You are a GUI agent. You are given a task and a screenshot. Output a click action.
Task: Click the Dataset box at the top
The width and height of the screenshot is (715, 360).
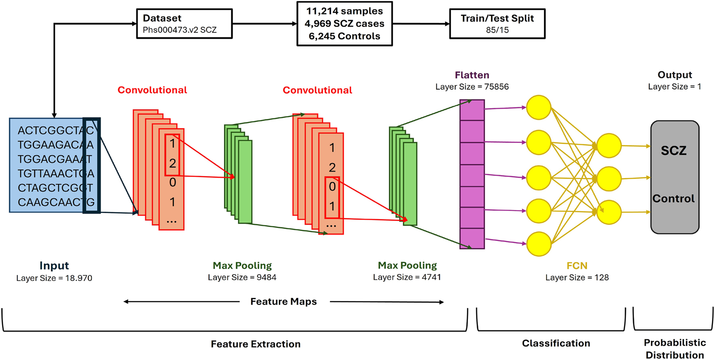184,24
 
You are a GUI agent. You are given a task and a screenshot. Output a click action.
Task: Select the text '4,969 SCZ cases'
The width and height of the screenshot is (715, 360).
344,24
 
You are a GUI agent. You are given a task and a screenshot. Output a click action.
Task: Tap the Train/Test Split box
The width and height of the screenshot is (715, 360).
497,24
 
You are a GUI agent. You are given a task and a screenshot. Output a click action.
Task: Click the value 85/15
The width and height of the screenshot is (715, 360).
497,30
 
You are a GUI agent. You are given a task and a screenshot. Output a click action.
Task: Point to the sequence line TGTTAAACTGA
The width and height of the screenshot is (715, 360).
56,173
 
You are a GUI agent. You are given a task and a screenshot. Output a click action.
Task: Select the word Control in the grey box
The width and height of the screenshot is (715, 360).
673,198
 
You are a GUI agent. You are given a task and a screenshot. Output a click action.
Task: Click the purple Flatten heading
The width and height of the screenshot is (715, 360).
472,75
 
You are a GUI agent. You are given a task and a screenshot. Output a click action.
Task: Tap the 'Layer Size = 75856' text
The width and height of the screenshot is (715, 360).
472,87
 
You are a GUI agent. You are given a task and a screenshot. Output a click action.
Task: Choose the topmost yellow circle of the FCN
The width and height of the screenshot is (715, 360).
538,107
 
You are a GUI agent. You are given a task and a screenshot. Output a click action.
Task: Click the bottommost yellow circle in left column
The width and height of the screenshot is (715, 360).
538,244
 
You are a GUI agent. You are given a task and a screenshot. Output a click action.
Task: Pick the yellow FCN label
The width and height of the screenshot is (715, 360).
577,266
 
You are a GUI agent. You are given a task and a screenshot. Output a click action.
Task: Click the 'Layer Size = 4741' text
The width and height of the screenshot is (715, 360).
407,277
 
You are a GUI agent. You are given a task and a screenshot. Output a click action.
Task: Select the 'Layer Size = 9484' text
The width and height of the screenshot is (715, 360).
242,277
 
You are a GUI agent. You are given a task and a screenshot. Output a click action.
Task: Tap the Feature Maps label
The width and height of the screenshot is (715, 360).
283,302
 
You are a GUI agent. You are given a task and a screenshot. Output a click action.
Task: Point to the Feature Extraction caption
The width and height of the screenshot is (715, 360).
256,344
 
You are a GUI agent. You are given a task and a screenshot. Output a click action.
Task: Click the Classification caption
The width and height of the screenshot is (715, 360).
556,343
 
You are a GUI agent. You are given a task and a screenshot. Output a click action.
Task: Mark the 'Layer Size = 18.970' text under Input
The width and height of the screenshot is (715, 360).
54,278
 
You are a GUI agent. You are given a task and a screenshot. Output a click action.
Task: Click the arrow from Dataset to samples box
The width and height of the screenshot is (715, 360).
264,24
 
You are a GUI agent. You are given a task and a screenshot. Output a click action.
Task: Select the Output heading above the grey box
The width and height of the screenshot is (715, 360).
675,75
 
